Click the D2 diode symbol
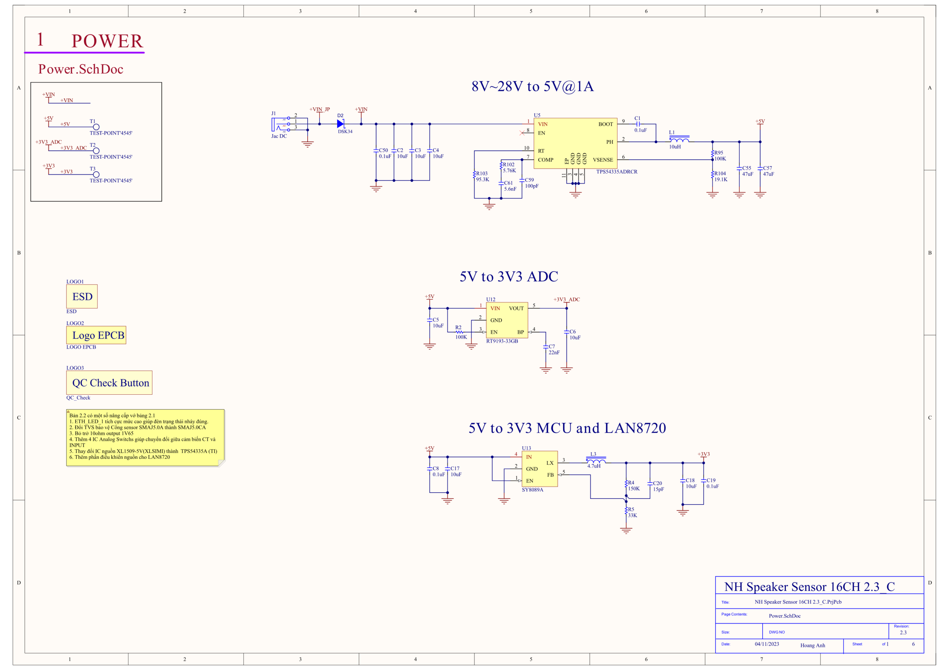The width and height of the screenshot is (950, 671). pyautogui.click(x=341, y=124)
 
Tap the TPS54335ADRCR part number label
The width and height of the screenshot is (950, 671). pyautogui.click(x=616, y=172)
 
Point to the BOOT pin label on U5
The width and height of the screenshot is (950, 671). pyautogui.click(x=605, y=124)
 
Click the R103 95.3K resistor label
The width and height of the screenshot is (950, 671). pyautogui.click(x=482, y=177)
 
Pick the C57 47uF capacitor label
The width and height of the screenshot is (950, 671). pyautogui.click(x=769, y=171)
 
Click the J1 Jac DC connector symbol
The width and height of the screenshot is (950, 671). pyautogui.click(x=281, y=124)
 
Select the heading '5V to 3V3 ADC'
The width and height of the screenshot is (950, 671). pyautogui.click(x=508, y=276)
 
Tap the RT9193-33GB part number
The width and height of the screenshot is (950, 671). pyautogui.click(x=502, y=341)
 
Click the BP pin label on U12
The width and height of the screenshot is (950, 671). pyautogui.click(x=520, y=332)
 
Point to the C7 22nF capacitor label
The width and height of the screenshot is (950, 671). pyautogui.click(x=554, y=349)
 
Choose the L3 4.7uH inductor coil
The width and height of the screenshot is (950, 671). pyautogui.click(x=596, y=460)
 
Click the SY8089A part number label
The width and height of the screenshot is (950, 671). pyautogui.click(x=533, y=490)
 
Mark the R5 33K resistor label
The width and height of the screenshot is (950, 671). pyautogui.click(x=632, y=513)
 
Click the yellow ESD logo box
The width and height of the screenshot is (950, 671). pyautogui.click(x=82, y=296)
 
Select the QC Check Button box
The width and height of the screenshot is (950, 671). pyautogui.click(x=109, y=383)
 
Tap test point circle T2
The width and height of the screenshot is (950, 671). pyautogui.click(x=96, y=151)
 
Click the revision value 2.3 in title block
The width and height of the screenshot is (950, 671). pyautogui.click(x=903, y=632)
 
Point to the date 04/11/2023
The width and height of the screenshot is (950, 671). pyautogui.click(x=767, y=644)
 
